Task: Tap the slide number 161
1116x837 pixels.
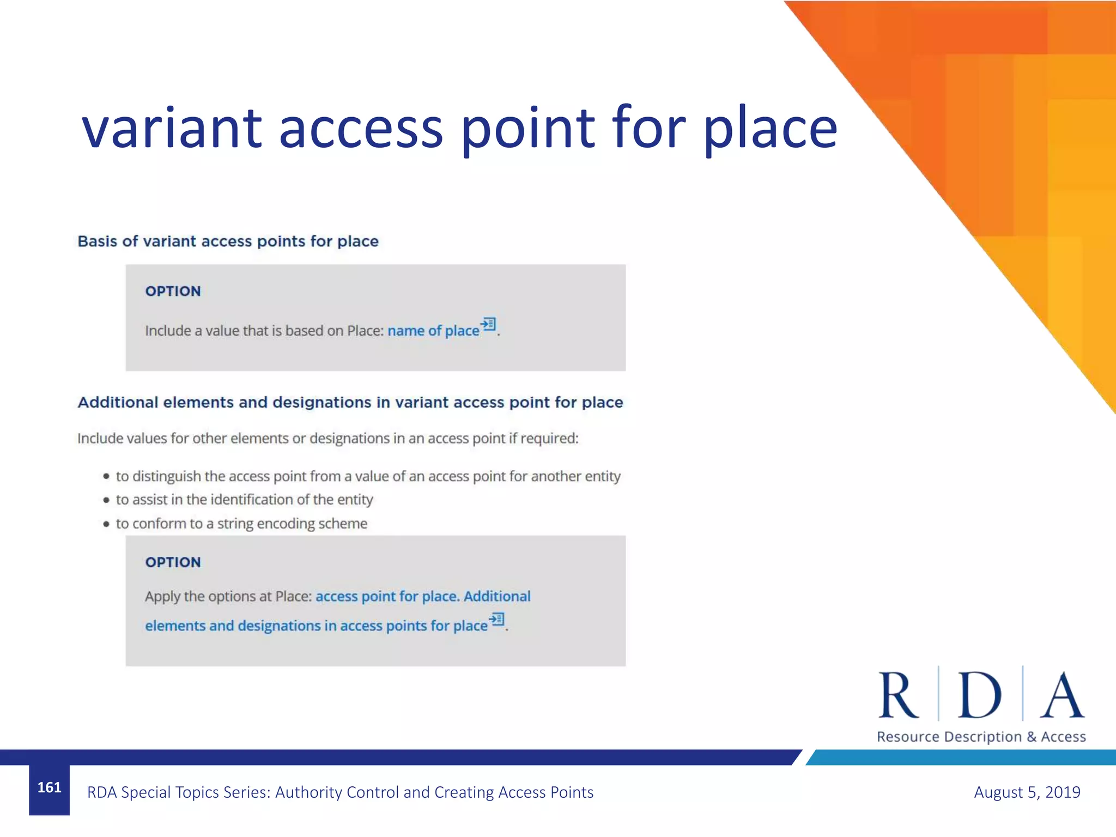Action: (x=49, y=787)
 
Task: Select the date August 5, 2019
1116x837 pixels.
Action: (x=1027, y=792)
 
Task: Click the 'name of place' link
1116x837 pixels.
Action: (x=433, y=331)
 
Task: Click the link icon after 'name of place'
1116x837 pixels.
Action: (x=489, y=324)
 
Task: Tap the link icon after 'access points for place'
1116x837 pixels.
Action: (x=497, y=620)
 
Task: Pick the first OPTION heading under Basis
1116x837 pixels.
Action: (x=173, y=291)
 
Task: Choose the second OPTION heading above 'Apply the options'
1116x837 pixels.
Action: (x=173, y=562)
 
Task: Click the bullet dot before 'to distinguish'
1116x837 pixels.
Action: (x=106, y=476)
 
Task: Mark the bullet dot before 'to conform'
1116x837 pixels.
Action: (x=106, y=524)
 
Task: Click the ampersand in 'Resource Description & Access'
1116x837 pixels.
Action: (x=1031, y=737)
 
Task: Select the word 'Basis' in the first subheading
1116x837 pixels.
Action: (x=97, y=241)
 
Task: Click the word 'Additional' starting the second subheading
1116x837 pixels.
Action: (x=118, y=402)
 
